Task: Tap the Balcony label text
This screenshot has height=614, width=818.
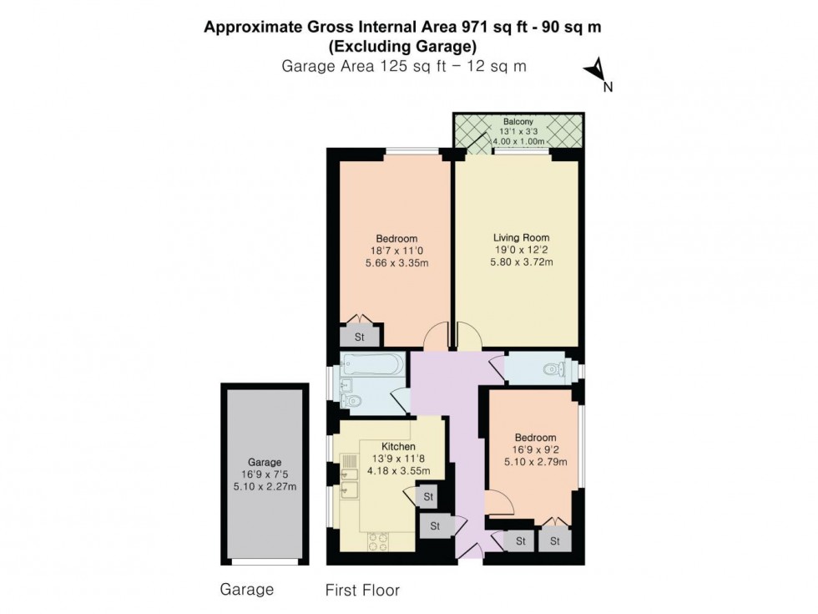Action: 518,122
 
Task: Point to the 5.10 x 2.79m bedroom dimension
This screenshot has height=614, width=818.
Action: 534,463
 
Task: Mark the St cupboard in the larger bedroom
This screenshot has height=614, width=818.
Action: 360,337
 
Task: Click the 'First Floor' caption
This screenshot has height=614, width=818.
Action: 362,591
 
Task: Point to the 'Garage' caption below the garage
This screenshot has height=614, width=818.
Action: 246,590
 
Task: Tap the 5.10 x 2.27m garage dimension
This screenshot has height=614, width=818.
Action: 264,487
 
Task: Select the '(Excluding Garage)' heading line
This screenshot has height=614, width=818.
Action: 403,46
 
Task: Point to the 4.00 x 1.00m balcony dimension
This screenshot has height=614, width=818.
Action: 518,141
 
